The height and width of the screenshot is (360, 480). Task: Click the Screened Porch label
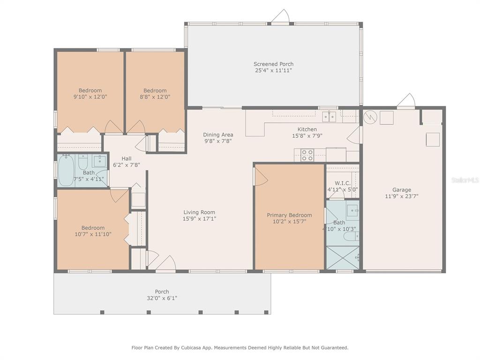coord(273,64)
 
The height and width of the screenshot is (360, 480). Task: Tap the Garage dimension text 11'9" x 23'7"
coord(402,196)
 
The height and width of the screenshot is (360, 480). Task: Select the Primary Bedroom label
coord(289,215)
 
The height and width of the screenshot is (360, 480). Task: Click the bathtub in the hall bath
coord(66,170)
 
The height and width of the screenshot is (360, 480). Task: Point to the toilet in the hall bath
coord(83,162)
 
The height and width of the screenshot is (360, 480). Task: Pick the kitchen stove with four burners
coord(307,155)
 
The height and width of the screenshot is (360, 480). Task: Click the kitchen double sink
coord(329,117)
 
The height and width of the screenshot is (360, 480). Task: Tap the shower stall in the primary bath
coord(343,258)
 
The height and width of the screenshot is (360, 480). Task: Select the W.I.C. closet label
coord(343,183)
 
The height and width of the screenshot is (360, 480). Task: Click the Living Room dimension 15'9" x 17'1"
coord(199,218)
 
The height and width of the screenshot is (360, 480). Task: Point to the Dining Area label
coord(218,135)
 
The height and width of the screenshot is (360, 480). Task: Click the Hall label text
coord(127,158)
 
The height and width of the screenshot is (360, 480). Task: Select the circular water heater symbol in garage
coord(370,117)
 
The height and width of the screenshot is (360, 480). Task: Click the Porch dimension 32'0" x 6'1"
coord(162,298)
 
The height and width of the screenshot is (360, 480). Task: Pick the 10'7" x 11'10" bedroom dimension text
coord(93,234)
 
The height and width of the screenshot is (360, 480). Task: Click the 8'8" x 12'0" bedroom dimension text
coord(155,97)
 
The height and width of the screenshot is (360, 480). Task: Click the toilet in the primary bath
coord(351,236)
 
